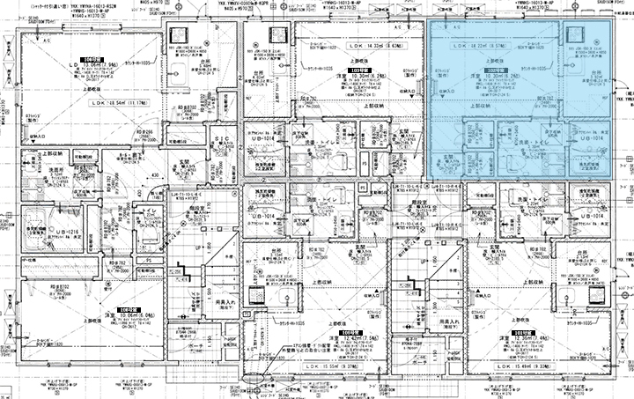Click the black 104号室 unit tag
pyautogui.click(x=88, y=57)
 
